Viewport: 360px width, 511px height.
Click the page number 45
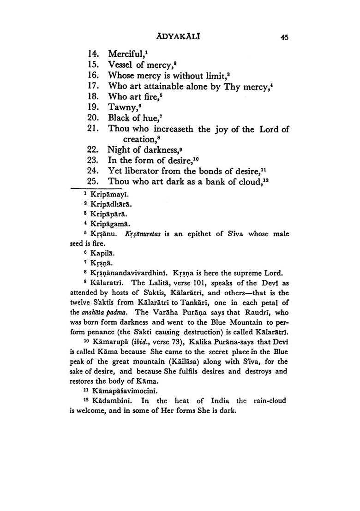click(284, 38)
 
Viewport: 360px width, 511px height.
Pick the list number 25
click(94, 182)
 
